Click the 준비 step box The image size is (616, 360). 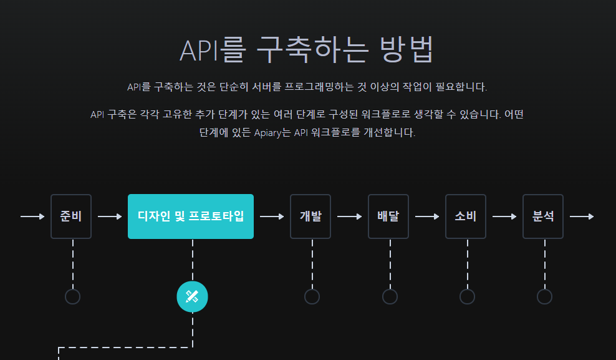tap(71, 216)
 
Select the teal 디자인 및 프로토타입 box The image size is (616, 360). tap(191, 216)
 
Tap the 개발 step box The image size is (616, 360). tap(310, 216)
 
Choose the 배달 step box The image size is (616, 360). tap(388, 216)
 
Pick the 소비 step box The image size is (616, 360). tap(466, 216)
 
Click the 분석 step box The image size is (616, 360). tap(543, 216)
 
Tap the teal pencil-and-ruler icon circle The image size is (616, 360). tap(192, 296)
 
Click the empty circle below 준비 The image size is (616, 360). tap(72, 296)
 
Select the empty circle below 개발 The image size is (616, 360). tap(312, 296)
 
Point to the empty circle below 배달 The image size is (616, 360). tap(390, 296)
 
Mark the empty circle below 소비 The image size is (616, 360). tap(467, 296)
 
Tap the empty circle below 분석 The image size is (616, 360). tap(544, 296)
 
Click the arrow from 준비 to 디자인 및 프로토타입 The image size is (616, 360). tap(110, 216)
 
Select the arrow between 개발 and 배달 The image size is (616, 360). tap(349, 216)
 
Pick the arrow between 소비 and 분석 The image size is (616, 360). tap(504, 216)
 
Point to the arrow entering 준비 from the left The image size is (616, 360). tap(32, 216)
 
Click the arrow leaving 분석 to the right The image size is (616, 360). tap(582, 216)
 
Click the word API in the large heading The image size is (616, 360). tap(198, 51)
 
